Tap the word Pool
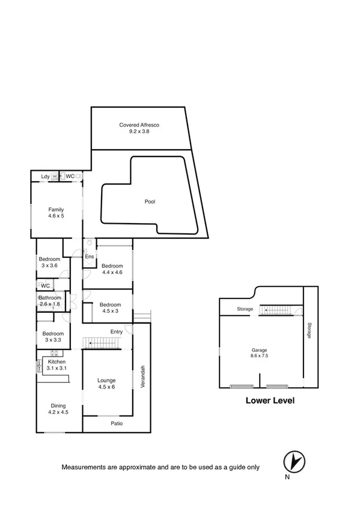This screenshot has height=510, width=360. (x=150, y=201)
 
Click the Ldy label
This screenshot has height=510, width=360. (x=45, y=176)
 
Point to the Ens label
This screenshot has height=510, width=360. (x=88, y=257)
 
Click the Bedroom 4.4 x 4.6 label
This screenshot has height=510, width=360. (x=112, y=269)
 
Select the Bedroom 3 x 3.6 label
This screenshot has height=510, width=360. (x=49, y=262)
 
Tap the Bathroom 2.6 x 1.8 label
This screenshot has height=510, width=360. (x=50, y=301)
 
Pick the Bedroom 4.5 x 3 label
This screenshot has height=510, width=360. (x=111, y=308)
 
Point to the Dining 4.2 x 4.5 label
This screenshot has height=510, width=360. (x=58, y=410)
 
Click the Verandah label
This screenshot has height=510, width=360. (x=143, y=376)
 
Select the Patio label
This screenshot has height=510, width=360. (x=117, y=423)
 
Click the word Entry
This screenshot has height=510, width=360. (x=117, y=331)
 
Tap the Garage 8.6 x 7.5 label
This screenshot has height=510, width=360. (x=260, y=353)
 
